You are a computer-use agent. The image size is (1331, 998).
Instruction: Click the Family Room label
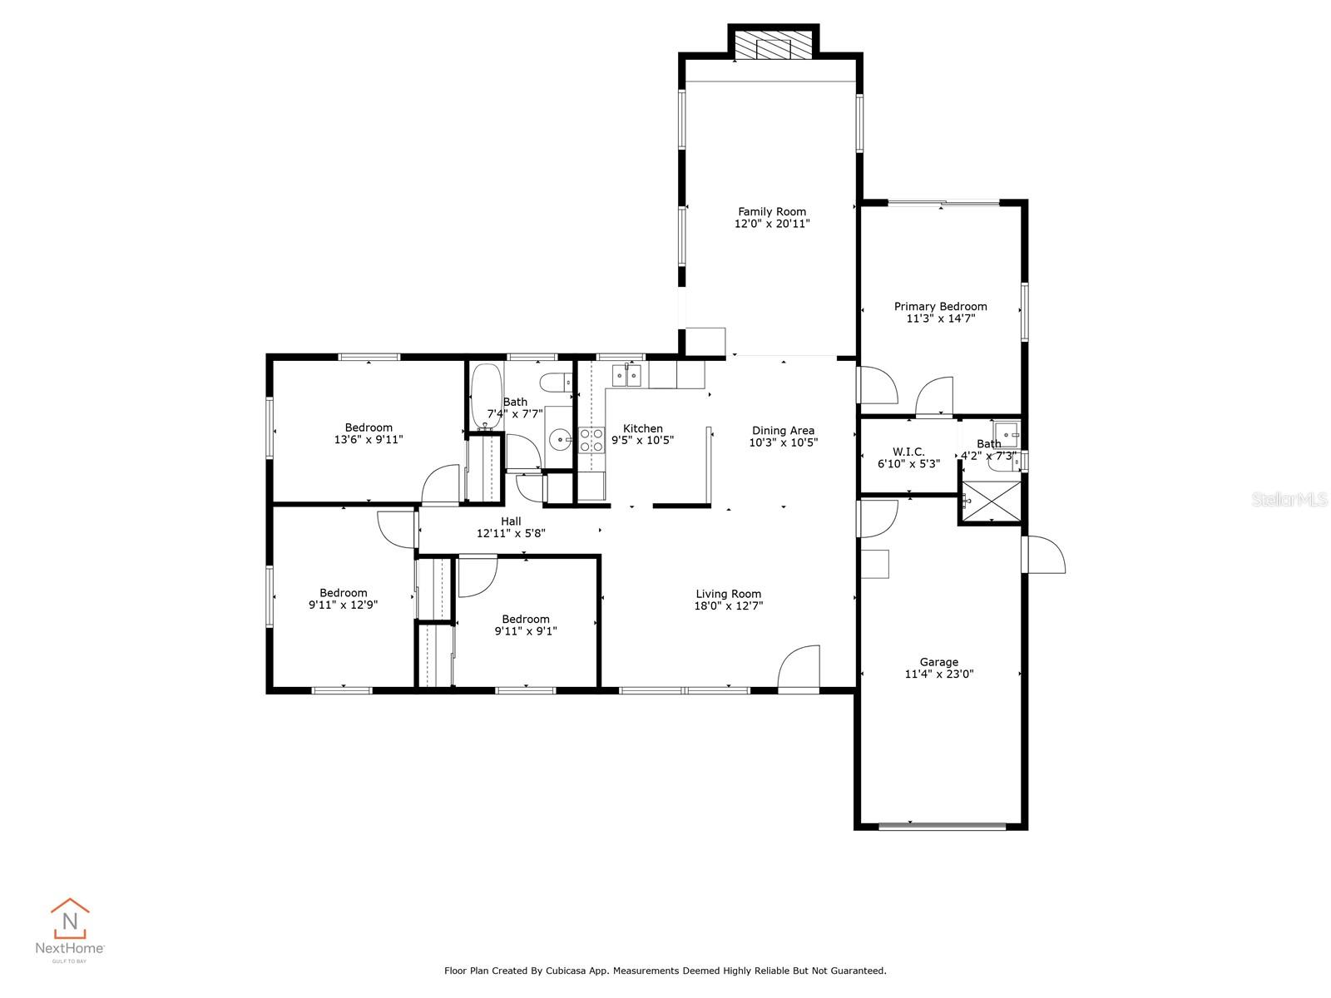click(772, 211)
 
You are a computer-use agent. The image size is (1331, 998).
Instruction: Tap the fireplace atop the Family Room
click(774, 48)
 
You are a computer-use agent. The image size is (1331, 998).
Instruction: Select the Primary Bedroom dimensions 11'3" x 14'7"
click(940, 319)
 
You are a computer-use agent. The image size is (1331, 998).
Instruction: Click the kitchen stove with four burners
click(591, 440)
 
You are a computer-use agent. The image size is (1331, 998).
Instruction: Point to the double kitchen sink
click(627, 376)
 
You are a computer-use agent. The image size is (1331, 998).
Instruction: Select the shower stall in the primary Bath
click(990, 499)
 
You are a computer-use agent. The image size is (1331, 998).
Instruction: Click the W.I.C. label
click(908, 452)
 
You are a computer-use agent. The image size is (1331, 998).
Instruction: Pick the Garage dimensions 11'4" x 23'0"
click(938, 674)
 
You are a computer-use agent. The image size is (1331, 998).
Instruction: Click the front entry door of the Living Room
click(799, 669)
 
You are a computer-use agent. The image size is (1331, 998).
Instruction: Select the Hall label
click(511, 521)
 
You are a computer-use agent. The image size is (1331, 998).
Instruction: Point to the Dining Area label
click(783, 431)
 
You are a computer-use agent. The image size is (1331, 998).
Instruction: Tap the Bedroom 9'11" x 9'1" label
click(526, 619)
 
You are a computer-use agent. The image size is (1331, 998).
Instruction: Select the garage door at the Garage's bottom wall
click(942, 826)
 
